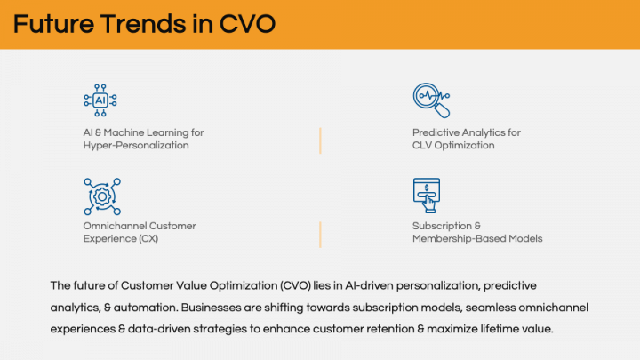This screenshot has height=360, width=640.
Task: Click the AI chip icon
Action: (x=100, y=100)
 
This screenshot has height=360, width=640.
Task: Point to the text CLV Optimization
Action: (x=453, y=145)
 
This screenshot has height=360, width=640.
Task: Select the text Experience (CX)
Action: (x=114, y=238)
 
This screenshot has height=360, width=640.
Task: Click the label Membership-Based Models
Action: (x=477, y=238)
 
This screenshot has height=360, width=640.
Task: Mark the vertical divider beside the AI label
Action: (x=320, y=140)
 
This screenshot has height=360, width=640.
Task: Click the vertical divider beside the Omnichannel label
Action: (x=320, y=234)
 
